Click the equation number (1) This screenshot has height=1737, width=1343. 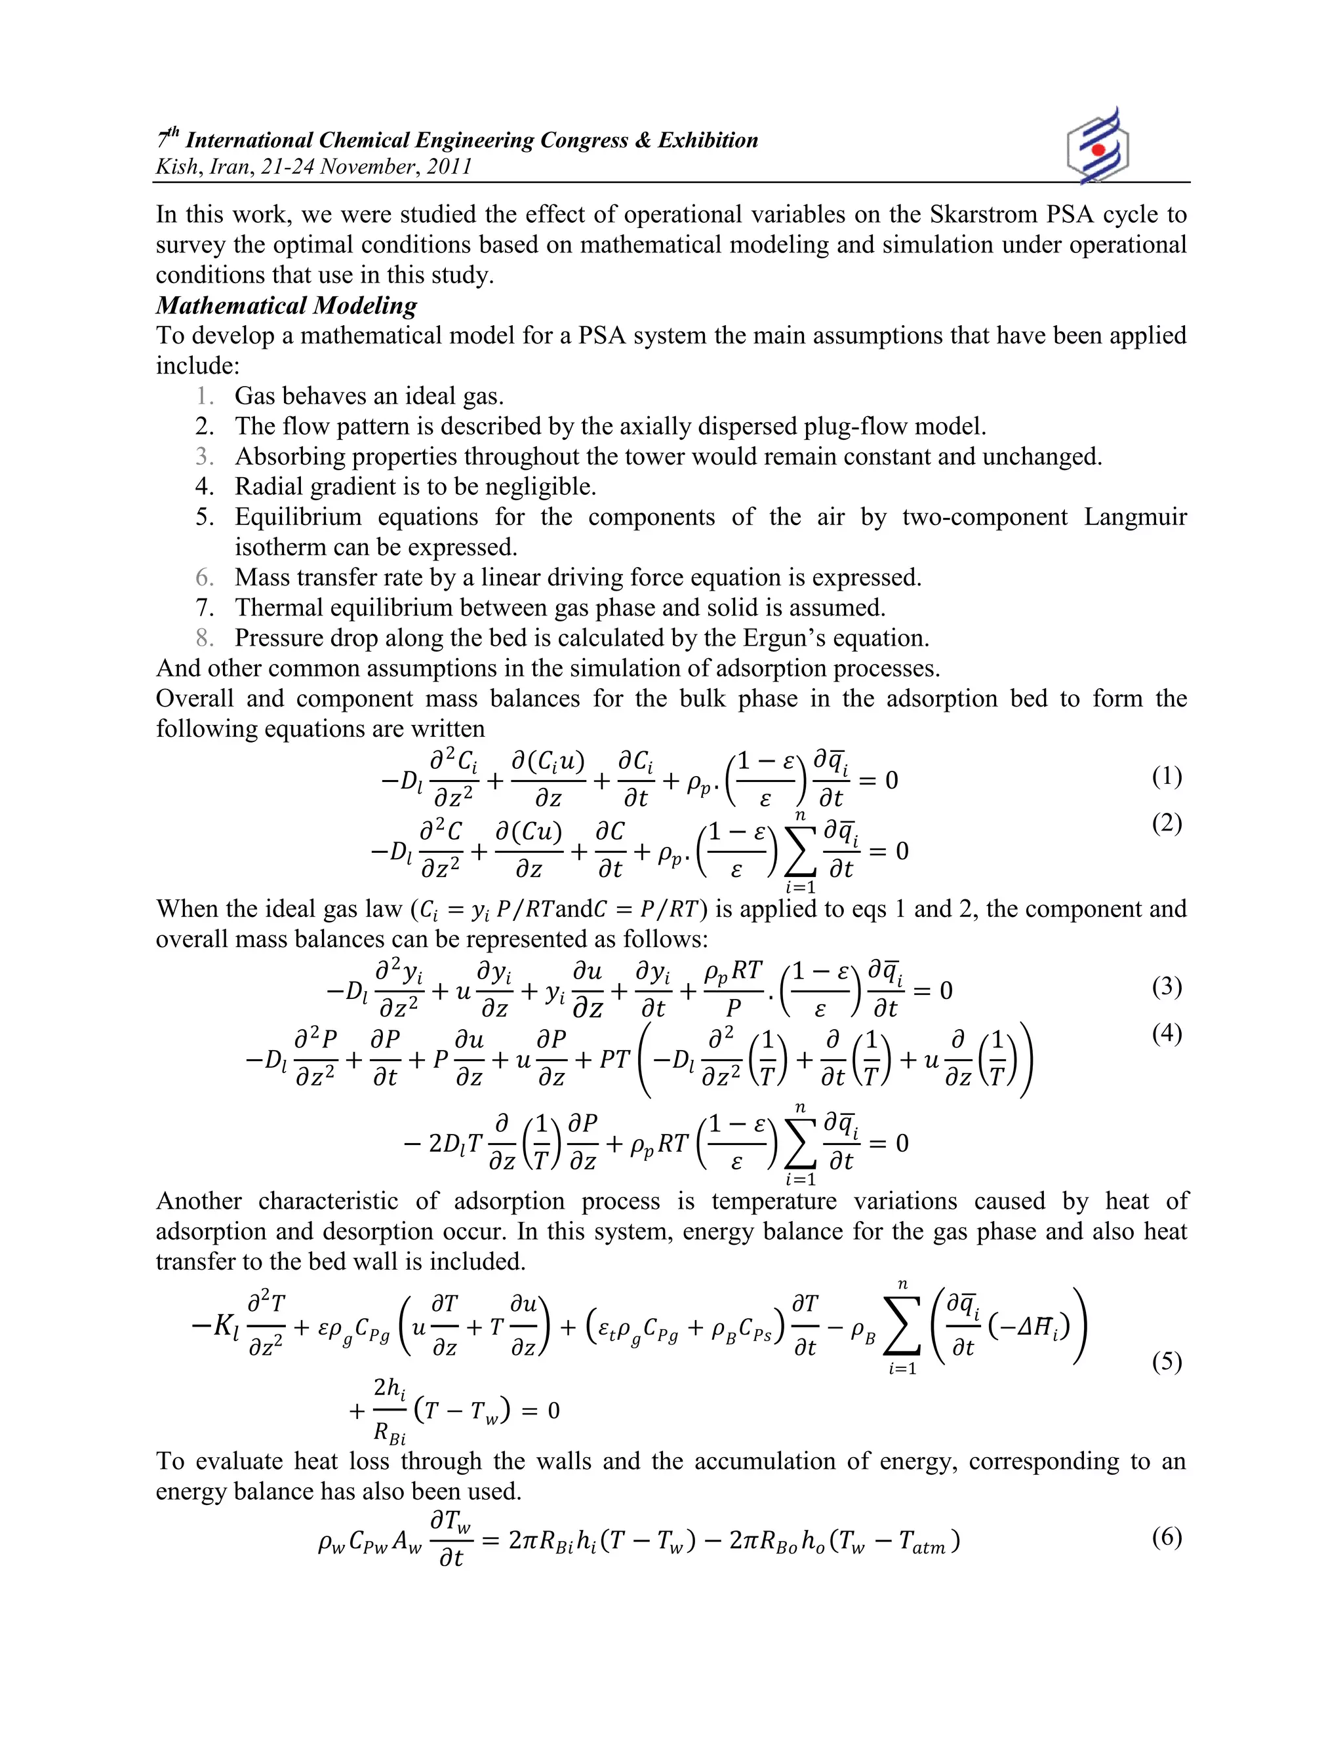tap(1167, 776)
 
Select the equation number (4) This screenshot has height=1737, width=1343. tap(1167, 1033)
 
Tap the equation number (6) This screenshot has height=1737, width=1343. tap(1167, 1536)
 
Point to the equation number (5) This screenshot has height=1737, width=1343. tap(1167, 1361)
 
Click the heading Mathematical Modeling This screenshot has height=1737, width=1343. tap(287, 305)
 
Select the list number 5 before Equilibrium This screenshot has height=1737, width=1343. tap(205, 517)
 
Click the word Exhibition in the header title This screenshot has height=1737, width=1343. tap(708, 141)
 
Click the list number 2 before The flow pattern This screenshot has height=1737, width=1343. tap(205, 426)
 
